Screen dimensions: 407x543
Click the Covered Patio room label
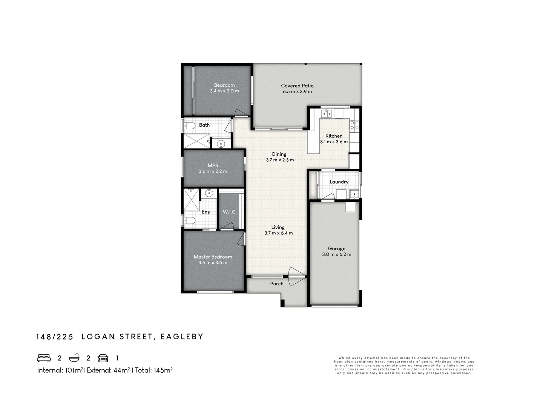(297, 86)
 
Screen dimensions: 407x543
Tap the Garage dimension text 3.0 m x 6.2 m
(336, 254)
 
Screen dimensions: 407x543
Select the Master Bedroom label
(213, 257)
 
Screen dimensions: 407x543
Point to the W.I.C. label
(230, 212)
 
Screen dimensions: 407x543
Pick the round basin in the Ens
(209, 194)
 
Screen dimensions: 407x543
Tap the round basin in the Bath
(221, 144)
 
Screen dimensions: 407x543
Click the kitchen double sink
(326, 113)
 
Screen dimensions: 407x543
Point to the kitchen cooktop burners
(354, 125)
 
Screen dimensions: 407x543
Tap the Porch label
(277, 283)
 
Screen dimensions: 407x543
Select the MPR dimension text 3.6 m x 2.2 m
(213, 171)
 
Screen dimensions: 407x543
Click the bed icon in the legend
(44, 358)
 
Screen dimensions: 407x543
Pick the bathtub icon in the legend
(74, 358)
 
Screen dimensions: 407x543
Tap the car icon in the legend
(103, 358)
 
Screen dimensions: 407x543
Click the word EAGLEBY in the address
(182, 337)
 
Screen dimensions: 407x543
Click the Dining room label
(279, 154)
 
